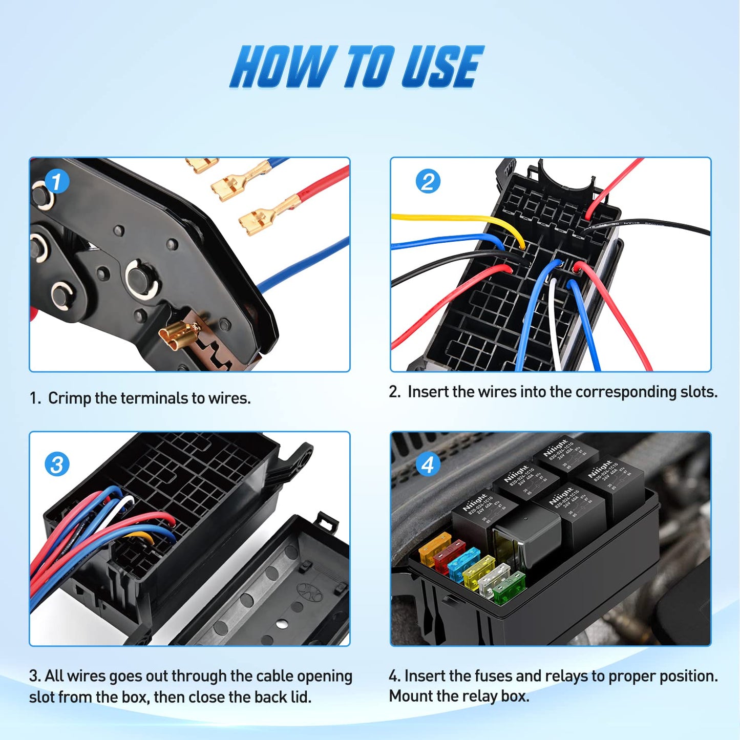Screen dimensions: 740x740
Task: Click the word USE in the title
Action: (441, 67)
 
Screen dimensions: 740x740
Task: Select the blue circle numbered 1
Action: (56, 181)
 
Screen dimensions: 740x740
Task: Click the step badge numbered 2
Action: (428, 181)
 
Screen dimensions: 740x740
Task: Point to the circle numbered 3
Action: (57, 465)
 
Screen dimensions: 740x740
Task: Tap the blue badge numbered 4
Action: (428, 465)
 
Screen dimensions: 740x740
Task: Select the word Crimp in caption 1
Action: (69, 398)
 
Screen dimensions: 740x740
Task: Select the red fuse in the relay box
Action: (448, 558)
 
